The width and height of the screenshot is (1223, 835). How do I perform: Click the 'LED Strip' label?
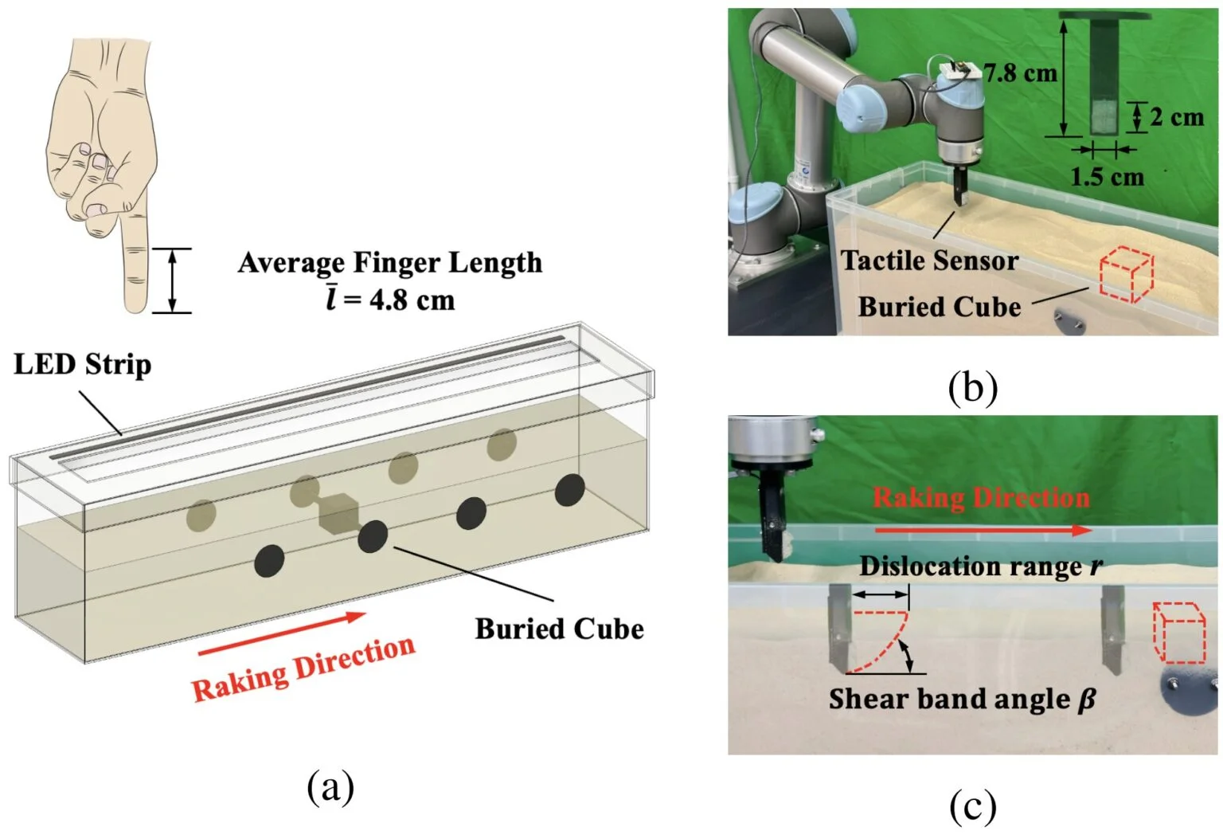click(82, 365)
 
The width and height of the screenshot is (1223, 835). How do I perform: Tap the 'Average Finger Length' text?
click(389, 263)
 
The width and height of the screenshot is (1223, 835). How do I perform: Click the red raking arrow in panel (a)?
click(282, 634)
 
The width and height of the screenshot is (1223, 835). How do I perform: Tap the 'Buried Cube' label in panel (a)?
click(559, 629)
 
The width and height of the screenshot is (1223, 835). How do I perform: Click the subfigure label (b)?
click(972, 387)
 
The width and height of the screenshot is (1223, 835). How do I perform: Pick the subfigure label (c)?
click(972, 806)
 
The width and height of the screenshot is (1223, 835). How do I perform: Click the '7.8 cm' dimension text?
click(1021, 73)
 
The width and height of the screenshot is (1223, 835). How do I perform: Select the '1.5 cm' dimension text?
click(1107, 177)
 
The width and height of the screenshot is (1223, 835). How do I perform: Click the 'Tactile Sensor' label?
click(929, 261)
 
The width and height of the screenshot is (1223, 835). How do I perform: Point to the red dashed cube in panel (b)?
click(1126, 275)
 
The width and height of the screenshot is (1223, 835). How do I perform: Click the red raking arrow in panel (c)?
click(982, 530)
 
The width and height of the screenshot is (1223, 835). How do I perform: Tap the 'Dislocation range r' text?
click(981, 566)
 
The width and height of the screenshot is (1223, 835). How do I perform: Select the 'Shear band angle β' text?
click(962, 700)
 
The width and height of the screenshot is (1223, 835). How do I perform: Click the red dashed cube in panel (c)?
click(1180, 633)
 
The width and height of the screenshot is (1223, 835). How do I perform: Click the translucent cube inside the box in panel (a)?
click(338, 512)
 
